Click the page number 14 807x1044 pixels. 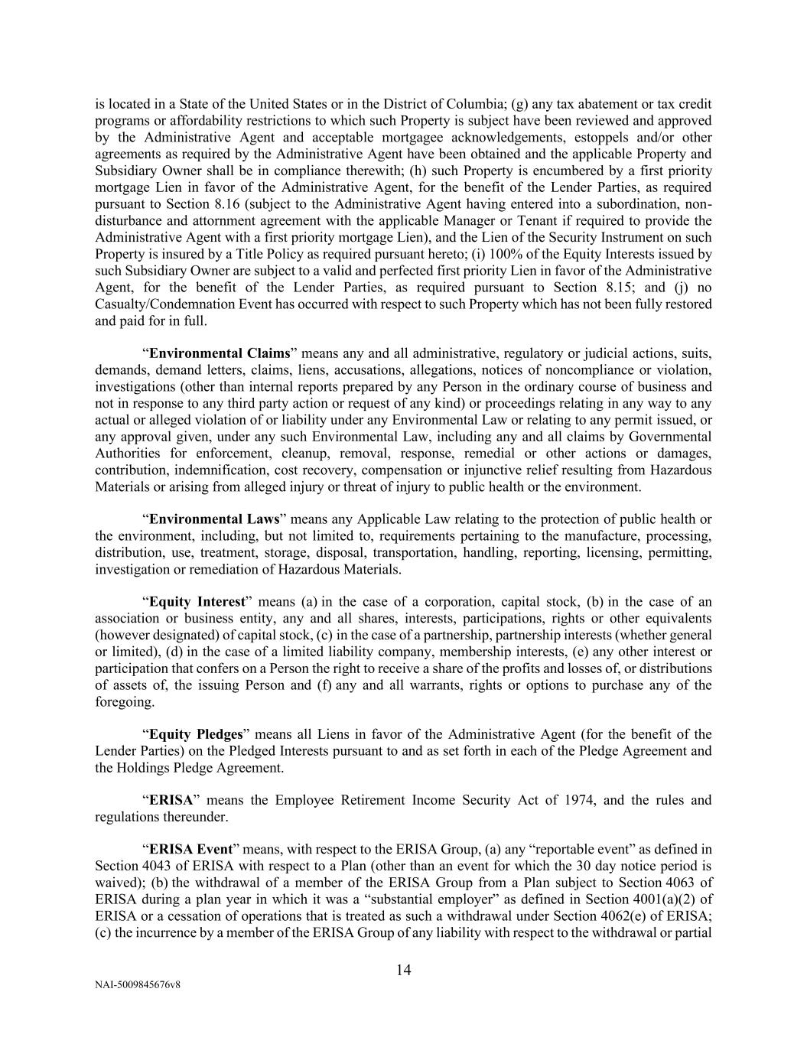pyautogui.click(x=404, y=970)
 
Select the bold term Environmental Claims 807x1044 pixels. pyautogui.click(x=220, y=353)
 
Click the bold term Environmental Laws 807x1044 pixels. pyautogui.click(x=213, y=519)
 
